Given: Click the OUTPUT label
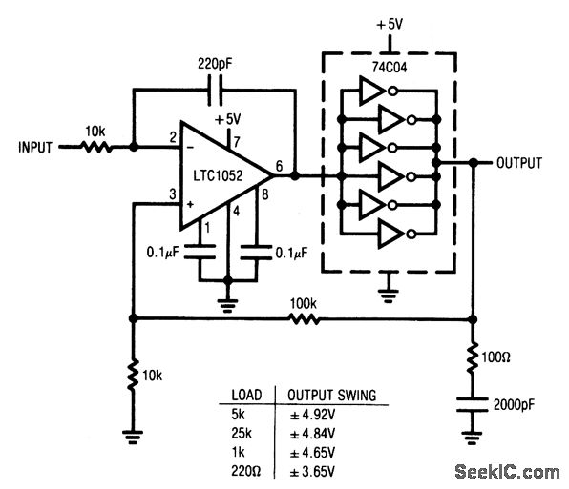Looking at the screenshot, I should tap(518, 163).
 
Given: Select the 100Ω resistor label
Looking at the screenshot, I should tap(498, 361).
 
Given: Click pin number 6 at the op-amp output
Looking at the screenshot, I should tap(278, 165).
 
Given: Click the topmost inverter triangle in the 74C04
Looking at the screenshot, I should tap(368, 92).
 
